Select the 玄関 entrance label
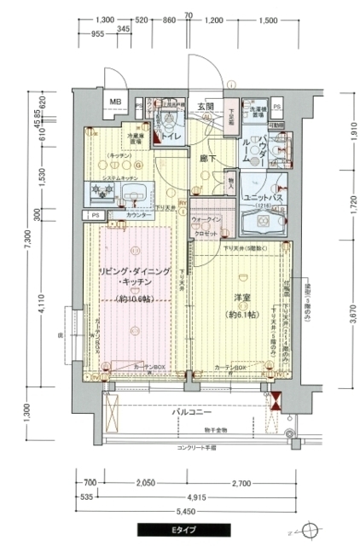click(x=206, y=106)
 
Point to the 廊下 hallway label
click(x=205, y=159)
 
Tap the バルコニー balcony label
click(x=193, y=411)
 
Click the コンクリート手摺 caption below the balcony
click(x=197, y=447)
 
